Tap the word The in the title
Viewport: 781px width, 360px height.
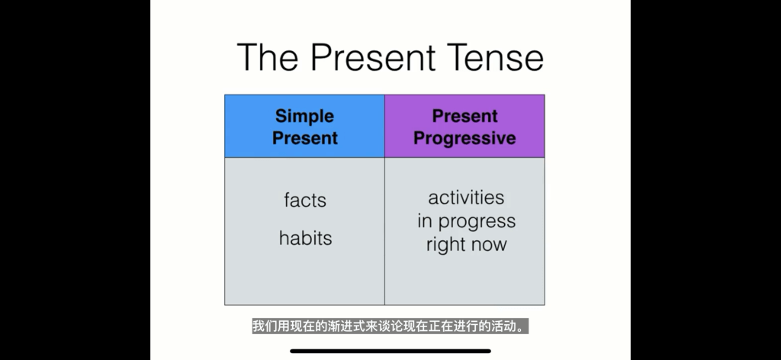coord(268,57)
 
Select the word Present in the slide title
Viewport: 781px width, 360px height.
coord(372,57)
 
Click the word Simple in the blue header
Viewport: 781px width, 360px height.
coord(304,117)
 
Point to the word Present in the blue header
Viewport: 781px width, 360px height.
coord(305,138)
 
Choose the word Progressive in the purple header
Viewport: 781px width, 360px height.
coord(464,138)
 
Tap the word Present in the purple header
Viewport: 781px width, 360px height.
coord(464,116)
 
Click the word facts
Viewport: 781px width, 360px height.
coord(305,200)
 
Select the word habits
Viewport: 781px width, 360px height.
coord(305,238)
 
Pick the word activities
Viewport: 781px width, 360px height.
coord(466,198)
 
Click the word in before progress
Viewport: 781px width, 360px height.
coord(424,220)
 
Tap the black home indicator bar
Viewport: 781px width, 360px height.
coord(390,351)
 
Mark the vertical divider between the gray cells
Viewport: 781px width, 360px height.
coord(384,231)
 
